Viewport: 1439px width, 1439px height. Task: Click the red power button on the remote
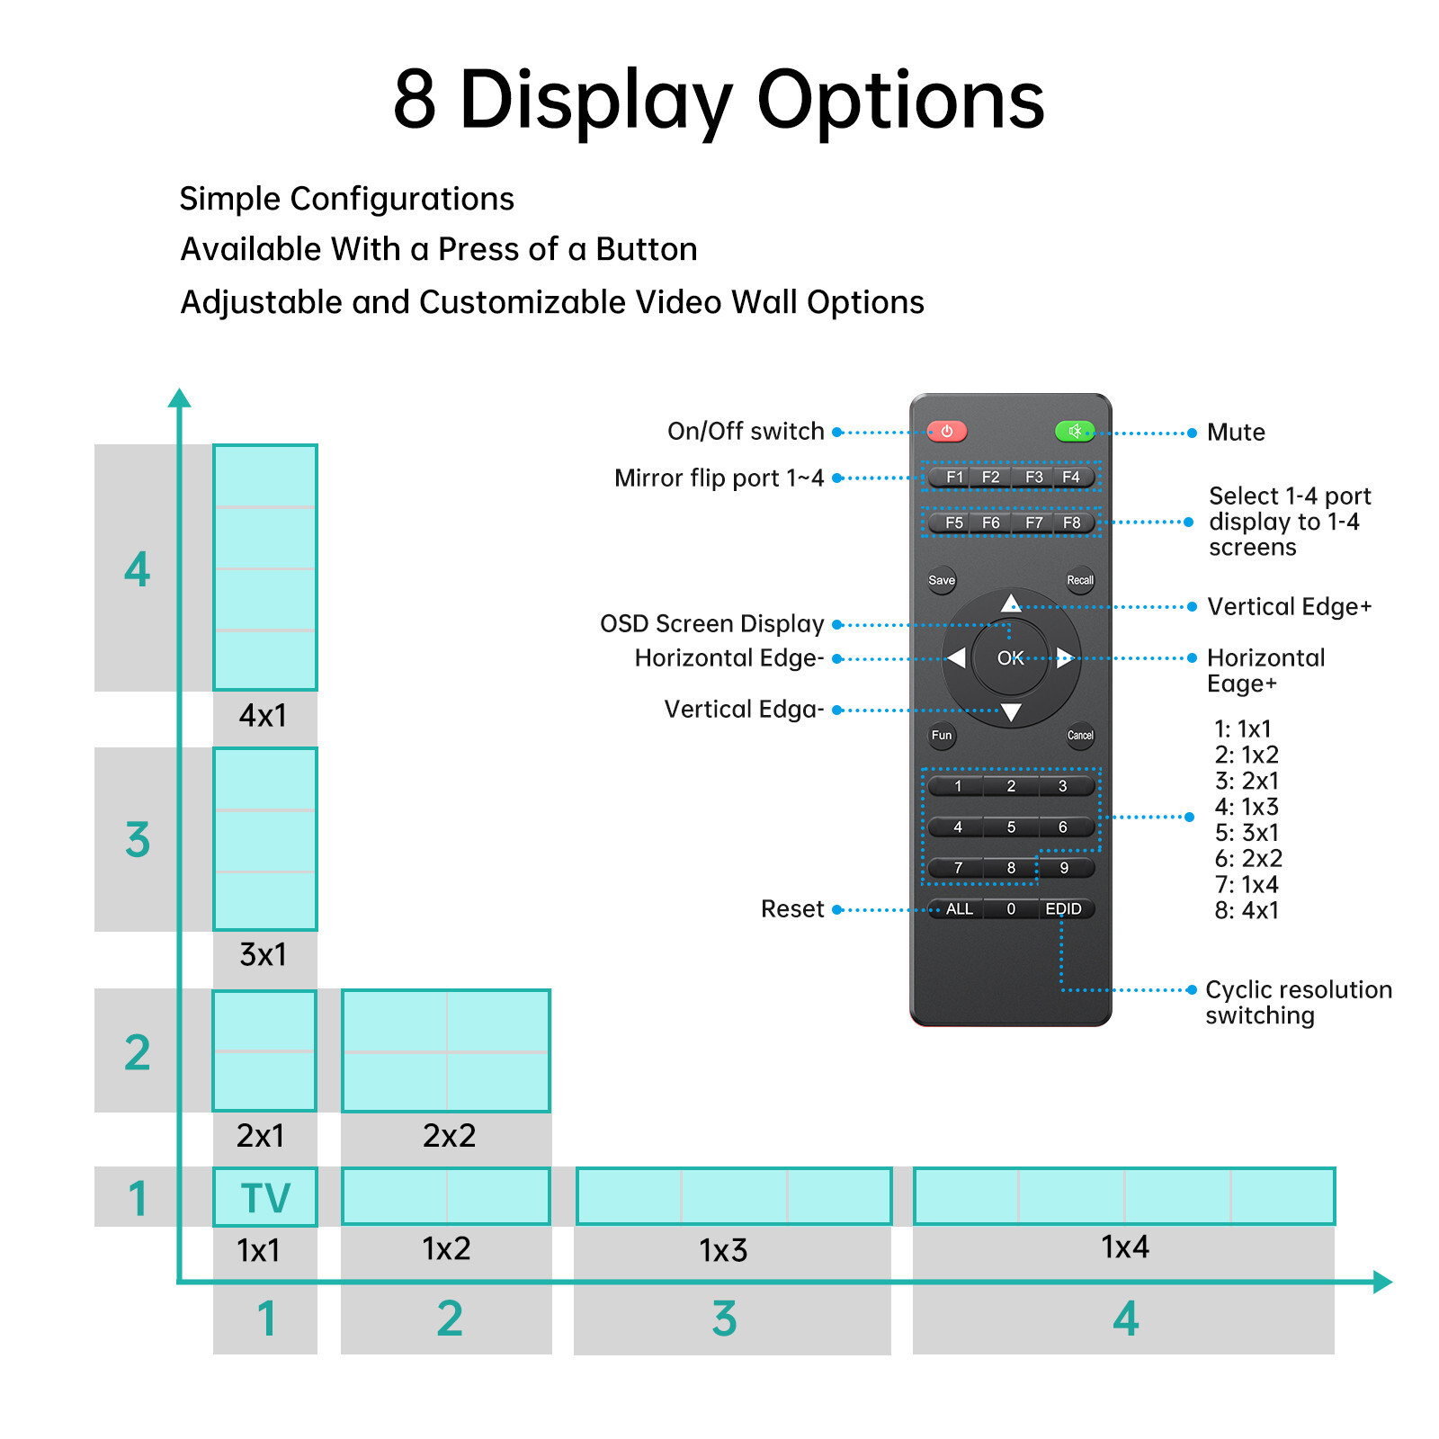[946, 432]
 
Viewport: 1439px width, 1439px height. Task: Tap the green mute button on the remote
[1075, 432]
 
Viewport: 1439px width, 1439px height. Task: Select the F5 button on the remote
[953, 523]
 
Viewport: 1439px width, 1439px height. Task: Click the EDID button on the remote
[1063, 909]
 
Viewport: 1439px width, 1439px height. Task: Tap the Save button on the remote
[942, 580]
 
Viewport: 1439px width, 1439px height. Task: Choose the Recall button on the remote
[1080, 580]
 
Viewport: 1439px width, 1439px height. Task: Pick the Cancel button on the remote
[1080, 736]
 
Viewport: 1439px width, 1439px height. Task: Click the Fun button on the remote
[942, 736]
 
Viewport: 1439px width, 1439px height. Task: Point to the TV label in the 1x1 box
[265, 1198]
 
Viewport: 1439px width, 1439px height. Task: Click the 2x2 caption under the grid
[449, 1136]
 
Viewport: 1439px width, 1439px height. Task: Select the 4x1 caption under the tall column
[263, 716]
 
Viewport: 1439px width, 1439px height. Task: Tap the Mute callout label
[1236, 433]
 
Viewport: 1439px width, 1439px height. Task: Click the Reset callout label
[792, 909]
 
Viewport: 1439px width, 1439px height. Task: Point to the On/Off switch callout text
[746, 432]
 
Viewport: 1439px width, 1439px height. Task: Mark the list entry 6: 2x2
[1248, 859]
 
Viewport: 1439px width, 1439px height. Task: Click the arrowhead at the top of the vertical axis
[180, 398]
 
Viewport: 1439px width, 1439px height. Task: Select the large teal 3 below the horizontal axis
[724, 1319]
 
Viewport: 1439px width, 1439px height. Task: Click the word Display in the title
[595, 101]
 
